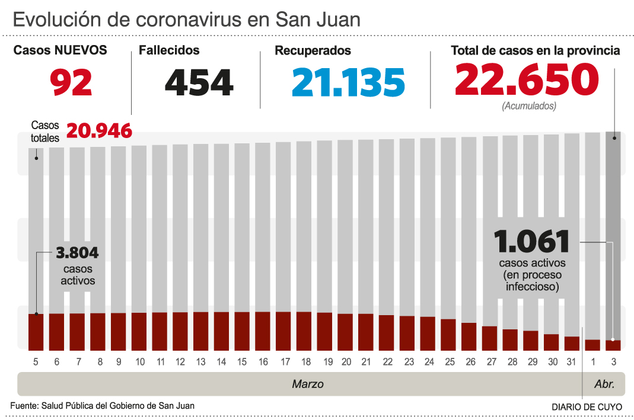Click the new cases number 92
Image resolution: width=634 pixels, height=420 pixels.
71,82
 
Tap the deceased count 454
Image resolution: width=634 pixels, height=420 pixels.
199,82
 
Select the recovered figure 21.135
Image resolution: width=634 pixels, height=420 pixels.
348,82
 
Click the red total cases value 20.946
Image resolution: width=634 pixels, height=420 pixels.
98,130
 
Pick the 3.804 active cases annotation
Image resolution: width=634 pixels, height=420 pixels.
77,254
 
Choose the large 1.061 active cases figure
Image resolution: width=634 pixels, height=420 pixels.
532,242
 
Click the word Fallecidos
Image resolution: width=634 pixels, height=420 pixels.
169,51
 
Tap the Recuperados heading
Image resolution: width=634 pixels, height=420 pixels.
313,51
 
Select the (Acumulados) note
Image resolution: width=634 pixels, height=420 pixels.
529,107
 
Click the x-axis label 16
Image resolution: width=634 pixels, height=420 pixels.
263,362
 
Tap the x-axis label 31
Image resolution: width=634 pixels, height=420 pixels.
572,362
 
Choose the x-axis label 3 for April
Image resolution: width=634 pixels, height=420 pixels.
613,362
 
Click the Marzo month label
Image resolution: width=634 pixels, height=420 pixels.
308,384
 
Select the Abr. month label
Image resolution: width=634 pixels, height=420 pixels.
605,384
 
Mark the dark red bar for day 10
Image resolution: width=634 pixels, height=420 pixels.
139,331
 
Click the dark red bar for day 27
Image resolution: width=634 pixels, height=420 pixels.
489,338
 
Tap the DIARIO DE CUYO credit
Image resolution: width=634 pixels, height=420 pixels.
587,407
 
